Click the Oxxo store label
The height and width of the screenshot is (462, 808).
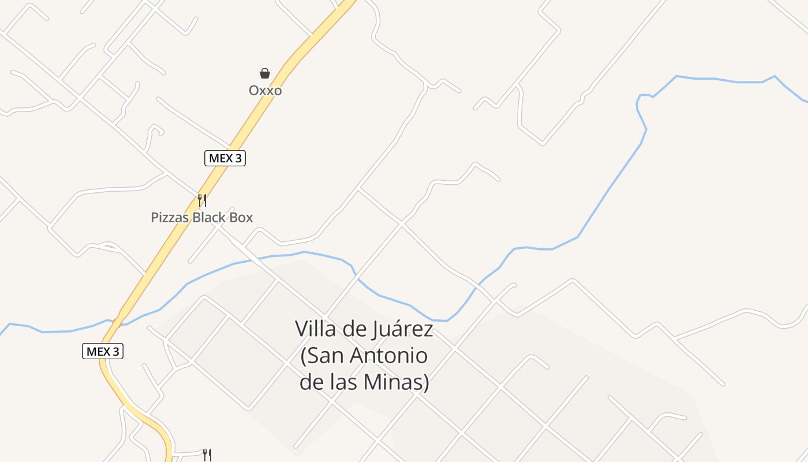(265, 91)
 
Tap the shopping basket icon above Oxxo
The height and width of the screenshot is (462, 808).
(265, 73)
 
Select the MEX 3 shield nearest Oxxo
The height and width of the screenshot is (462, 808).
(225, 158)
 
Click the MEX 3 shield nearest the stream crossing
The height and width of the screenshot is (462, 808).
(103, 351)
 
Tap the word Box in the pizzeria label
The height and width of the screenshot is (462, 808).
(241, 218)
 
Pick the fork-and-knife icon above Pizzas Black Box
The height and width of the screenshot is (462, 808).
(202, 200)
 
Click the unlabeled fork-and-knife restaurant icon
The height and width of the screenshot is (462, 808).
(207, 455)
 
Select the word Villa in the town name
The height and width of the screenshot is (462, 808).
(314, 329)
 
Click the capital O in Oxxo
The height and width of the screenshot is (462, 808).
(254, 91)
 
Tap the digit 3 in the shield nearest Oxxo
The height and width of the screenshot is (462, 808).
(237, 158)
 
